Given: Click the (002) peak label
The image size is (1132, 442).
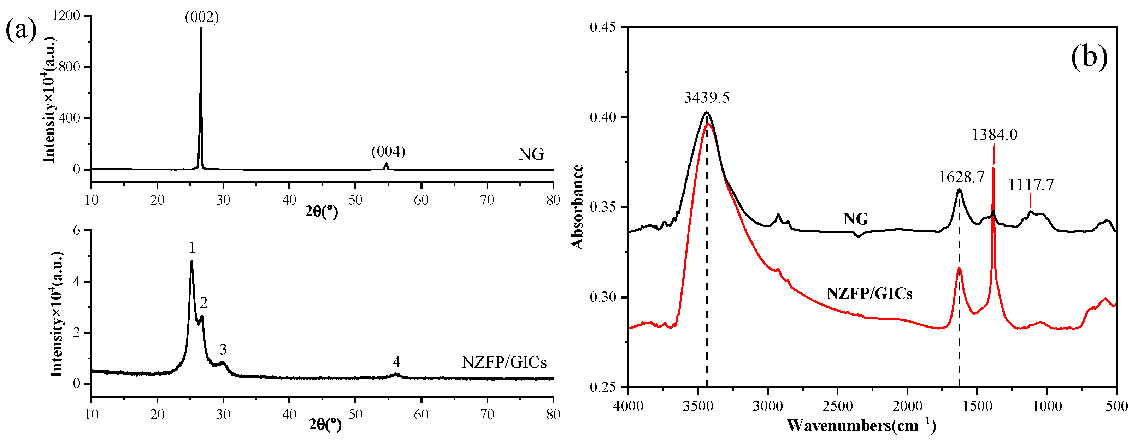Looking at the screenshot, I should [x=202, y=17].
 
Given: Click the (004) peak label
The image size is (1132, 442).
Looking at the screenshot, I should [x=388, y=152].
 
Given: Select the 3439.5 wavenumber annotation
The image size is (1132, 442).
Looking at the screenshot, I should [x=707, y=97].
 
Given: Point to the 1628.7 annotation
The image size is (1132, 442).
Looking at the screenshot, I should [x=961, y=177].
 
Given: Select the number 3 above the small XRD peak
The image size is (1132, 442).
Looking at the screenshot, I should [x=223, y=350].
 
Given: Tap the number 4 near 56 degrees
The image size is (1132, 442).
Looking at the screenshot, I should [x=396, y=362].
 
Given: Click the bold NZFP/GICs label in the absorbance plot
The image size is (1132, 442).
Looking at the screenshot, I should [x=869, y=294].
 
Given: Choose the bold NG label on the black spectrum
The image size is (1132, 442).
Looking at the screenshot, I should [x=856, y=219].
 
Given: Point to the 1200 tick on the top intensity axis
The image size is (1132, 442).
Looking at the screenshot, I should [x=66, y=16].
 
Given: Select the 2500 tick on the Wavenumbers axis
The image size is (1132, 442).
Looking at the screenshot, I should [x=838, y=406].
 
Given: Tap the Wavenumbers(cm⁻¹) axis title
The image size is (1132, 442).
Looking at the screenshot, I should [x=861, y=426].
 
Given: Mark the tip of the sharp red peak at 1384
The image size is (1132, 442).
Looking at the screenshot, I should [x=993, y=168].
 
